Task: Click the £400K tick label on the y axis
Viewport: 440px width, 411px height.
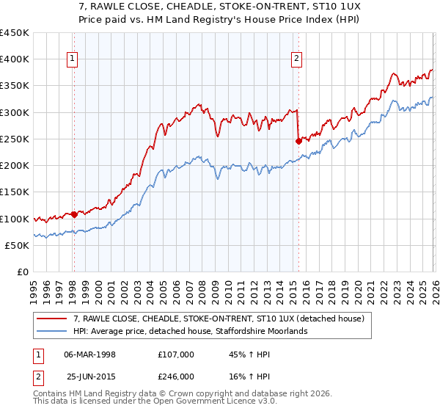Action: tap(15, 59)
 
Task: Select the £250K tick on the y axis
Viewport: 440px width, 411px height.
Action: tap(15, 139)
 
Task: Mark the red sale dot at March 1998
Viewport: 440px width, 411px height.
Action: tap(74, 215)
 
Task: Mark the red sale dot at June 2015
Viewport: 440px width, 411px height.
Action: tap(298, 141)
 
